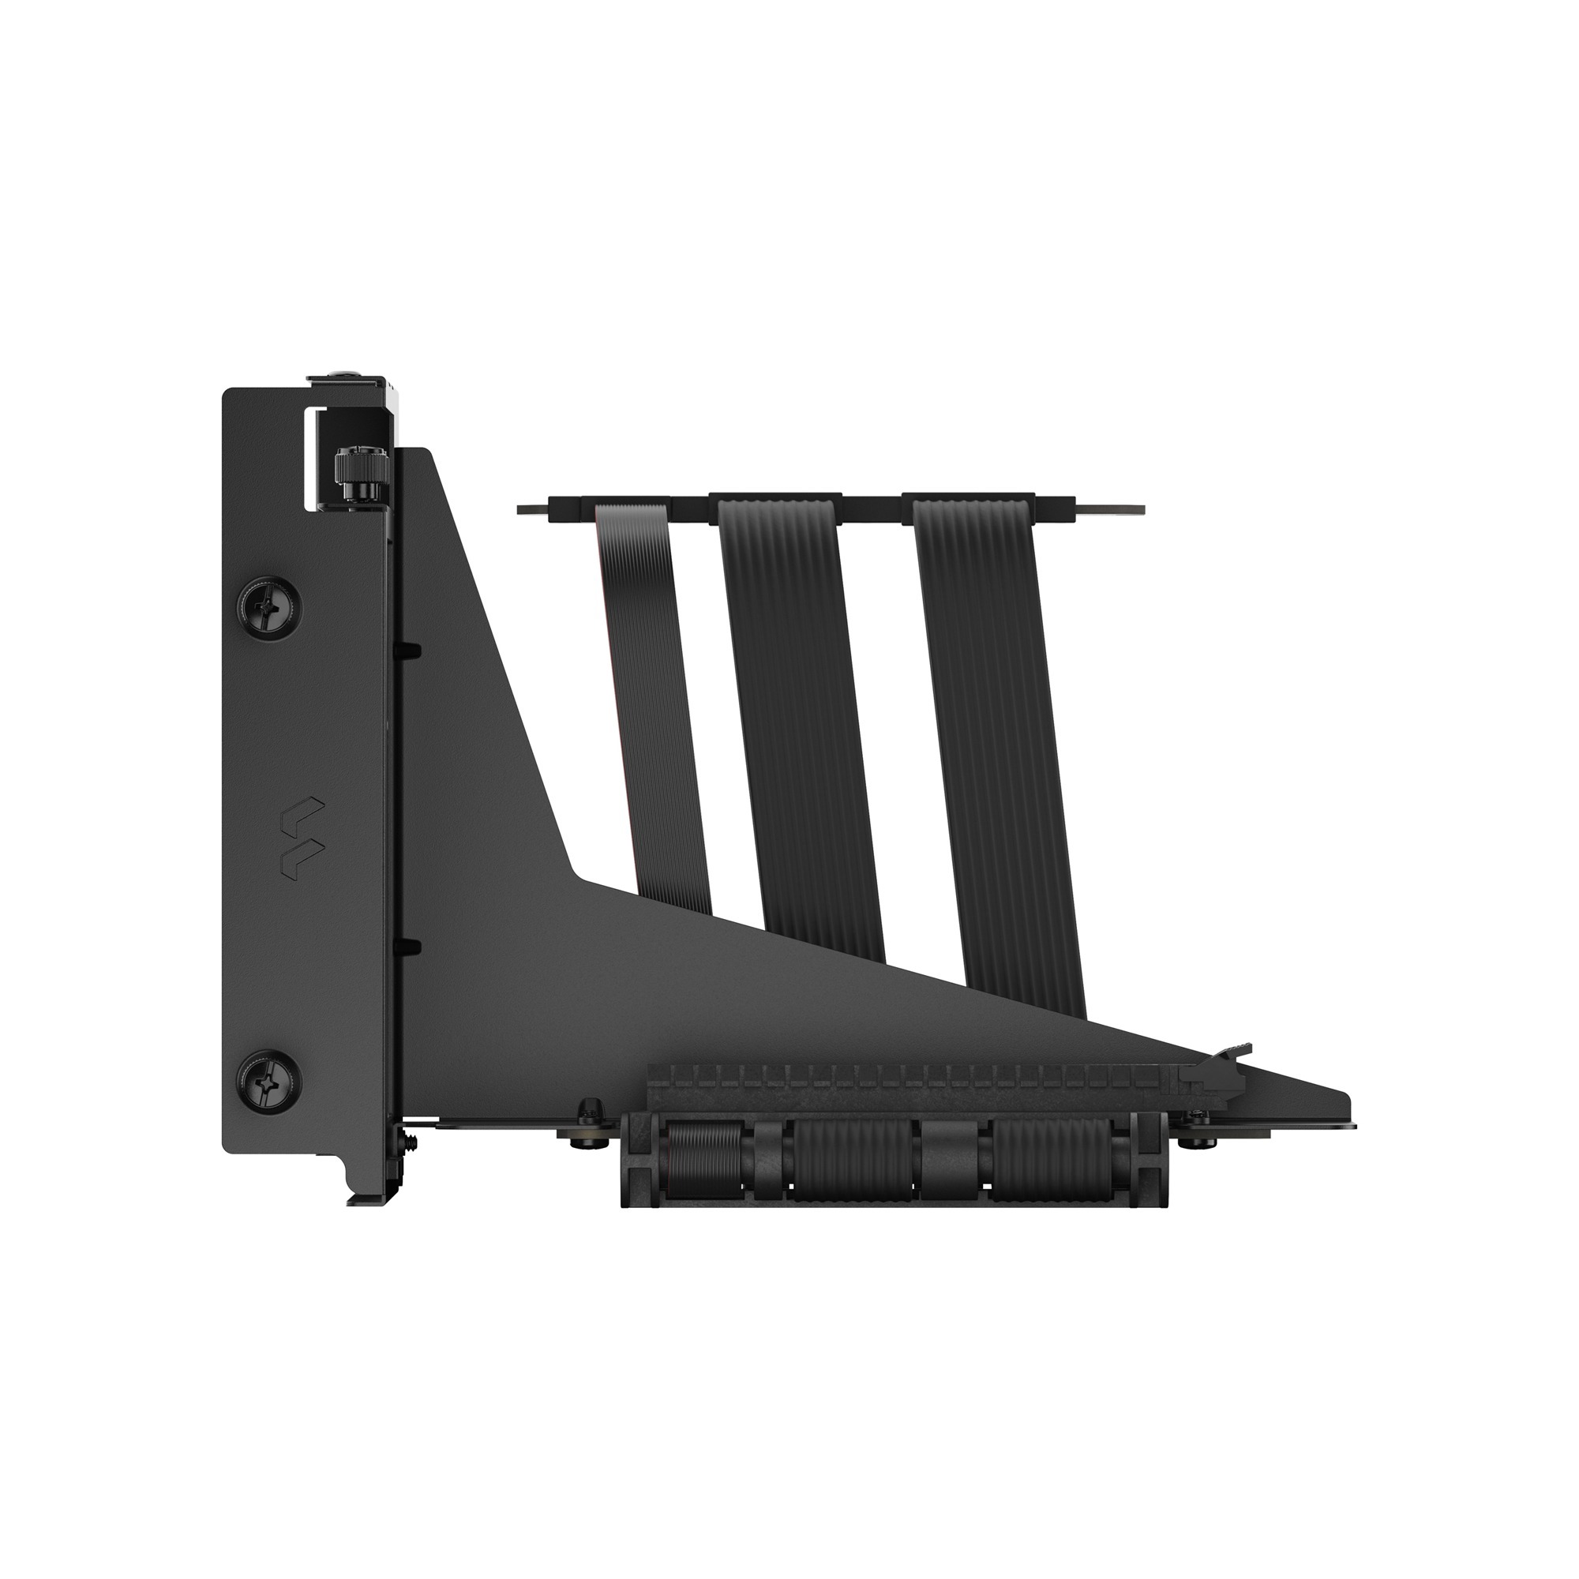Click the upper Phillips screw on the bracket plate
click(x=269, y=606)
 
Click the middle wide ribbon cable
click(x=801, y=719)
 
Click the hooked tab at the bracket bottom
click(x=359, y=1195)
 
